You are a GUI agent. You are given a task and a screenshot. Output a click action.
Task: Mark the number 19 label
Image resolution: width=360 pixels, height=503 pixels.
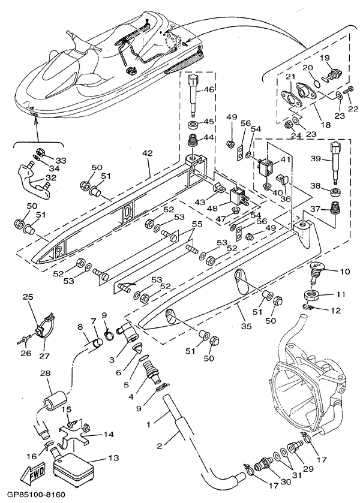pyautogui.click(x=325, y=58)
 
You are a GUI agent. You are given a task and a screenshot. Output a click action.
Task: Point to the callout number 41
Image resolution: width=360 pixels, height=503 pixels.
pyautogui.click(x=286, y=159)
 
